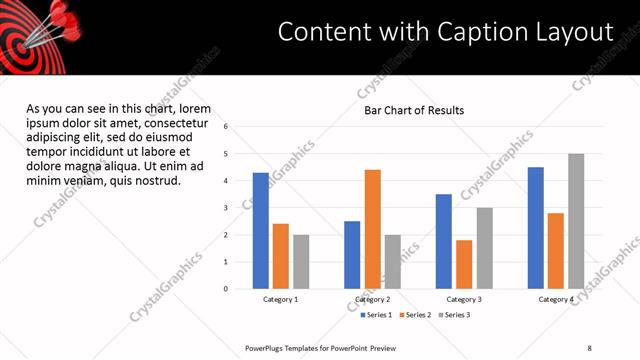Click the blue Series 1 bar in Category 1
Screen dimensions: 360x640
pos(260,230)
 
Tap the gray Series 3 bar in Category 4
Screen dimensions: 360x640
pos(576,221)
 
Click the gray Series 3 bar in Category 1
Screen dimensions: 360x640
pos(301,261)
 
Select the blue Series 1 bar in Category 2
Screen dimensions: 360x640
pos(352,254)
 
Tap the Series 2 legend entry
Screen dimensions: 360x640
pos(415,315)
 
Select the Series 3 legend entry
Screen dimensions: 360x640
pos(454,315)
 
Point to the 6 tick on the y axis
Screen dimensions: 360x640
pos(227,127)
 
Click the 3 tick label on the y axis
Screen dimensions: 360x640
pos(227,208)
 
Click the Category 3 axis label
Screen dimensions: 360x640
pos(464,299)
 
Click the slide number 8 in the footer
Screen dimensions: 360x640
pos(589,347)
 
